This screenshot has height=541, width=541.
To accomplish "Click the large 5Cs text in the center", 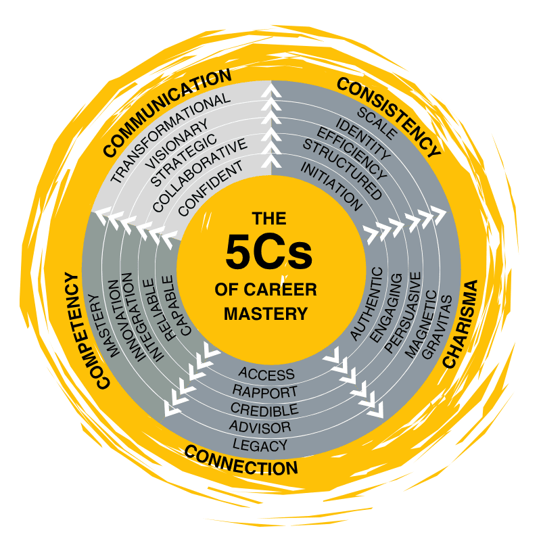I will click(x=269, y=252).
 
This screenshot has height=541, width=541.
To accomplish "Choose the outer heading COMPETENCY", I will click(x=83, y=330).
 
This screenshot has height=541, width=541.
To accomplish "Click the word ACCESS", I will click(x=266, y=374).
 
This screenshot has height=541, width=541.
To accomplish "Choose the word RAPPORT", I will click(x=264, y=392).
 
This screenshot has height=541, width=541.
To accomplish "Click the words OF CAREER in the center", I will click(x=265, y=289).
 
